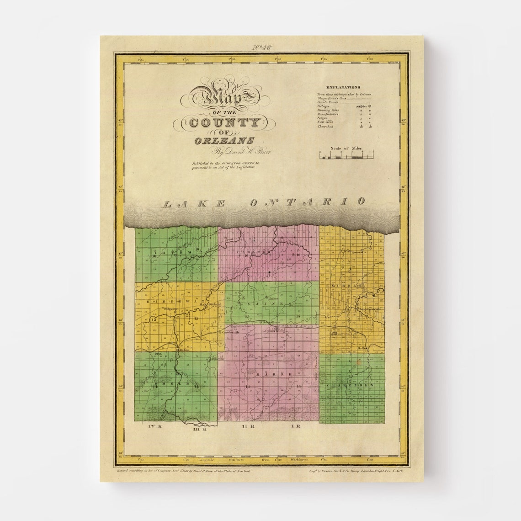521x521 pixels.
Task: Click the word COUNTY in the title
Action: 224,122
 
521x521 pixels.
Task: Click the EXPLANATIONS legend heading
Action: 343,87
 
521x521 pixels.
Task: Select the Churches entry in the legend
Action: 325,126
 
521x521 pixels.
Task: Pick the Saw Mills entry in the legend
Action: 326,122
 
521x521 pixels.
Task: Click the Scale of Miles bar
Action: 346,156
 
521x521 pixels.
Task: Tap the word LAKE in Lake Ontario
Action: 194,204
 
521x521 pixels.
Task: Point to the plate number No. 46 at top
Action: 261,48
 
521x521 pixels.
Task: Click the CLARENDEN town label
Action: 351,385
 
